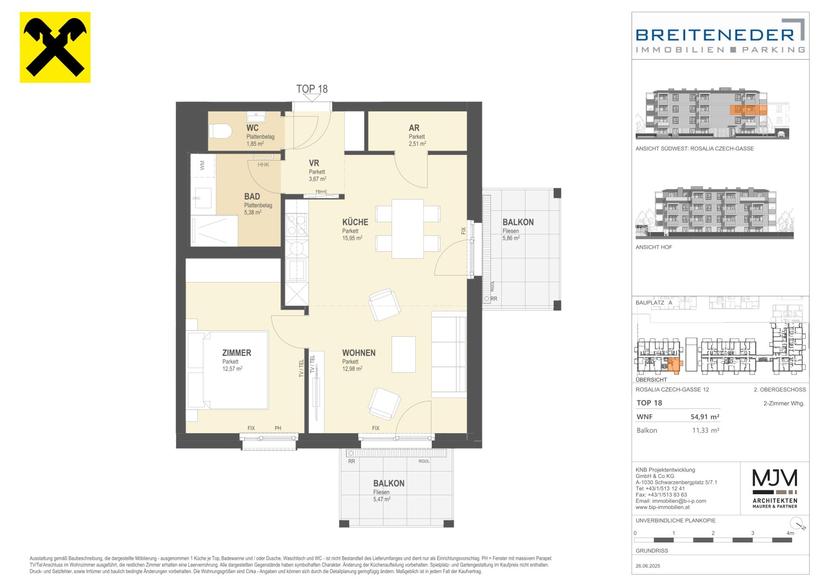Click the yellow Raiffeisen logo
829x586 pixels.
point(55,47)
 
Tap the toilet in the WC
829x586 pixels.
point(220,131)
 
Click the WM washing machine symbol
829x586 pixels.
point(203,165)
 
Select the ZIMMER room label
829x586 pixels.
point(237,353)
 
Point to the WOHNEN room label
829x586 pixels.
point(359,353)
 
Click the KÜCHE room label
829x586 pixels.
point(355,222)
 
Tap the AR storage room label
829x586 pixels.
point(414,128)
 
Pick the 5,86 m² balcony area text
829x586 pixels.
point(511,238)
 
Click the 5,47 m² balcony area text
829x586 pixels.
point(382,499)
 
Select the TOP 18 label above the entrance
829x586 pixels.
point(312,89)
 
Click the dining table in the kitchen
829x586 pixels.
point(408,228)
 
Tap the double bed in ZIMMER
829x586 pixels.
point(227,370)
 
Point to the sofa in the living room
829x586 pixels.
point(449,354)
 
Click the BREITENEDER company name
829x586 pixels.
point(715,35)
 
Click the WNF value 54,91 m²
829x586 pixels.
point(705,417)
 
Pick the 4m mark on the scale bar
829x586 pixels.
point(790,533)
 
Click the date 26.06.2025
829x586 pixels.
point(648,566)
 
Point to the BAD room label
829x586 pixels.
point(252,196)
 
